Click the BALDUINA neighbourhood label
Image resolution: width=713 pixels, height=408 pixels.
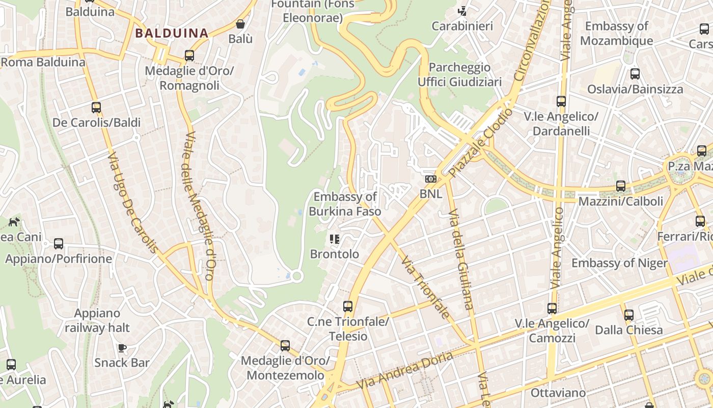(x=172, y=34)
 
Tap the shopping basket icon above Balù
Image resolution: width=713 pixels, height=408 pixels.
(x=240, y=24)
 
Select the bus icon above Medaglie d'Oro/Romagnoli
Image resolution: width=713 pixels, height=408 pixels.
(x=189, y=55)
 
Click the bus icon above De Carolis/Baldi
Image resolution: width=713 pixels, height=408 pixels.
(x=96, y=107)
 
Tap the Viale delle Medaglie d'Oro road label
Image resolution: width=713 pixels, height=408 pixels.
(x=199, y=206)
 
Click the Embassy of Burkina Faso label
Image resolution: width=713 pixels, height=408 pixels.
(x=345, y=203)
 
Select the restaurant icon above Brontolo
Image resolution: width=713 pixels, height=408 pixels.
(x=335, y=239)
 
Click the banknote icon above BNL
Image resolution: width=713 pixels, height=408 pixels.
(x=431, y=179)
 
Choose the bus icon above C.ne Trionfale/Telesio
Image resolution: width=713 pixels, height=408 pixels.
(x=348, y=306)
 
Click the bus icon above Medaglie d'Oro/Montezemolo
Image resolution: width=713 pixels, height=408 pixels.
(x=285, y=346)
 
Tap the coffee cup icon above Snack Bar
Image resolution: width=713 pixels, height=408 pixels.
(x=122, y=348)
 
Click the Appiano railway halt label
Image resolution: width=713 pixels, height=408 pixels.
(x=97, y=320)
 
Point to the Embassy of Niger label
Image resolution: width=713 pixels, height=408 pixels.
(x=619, y=263)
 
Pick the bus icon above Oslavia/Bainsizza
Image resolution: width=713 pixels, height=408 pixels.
(x=635, y=73)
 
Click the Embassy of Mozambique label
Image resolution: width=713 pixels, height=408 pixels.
(x=616, y=33)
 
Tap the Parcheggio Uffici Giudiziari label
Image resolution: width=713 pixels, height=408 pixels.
(x=459, y=74)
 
